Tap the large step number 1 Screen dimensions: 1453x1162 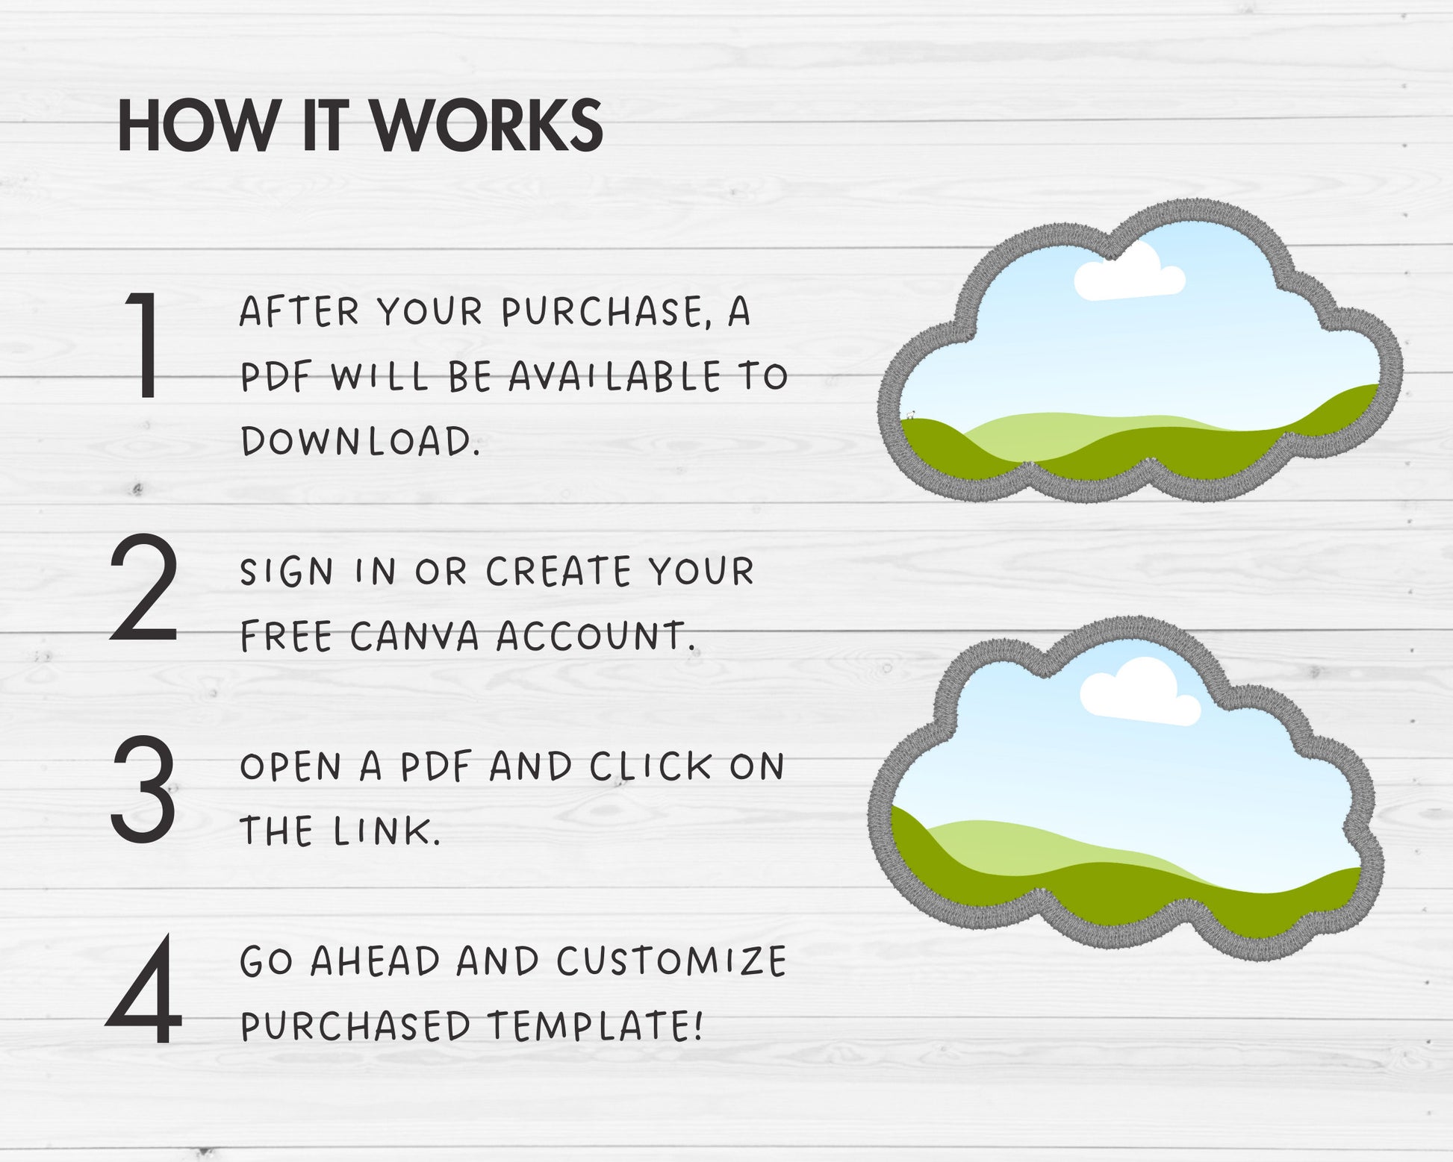point(144,345)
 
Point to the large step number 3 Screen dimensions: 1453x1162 point(143,789)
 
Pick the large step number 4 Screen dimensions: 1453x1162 point(143,989)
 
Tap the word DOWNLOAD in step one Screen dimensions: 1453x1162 point(360,441)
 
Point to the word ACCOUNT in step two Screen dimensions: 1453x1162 point(596,637)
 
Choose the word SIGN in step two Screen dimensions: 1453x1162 point(287,572)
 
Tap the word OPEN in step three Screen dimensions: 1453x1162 point(291,767)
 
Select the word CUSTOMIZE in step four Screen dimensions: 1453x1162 point(671,962)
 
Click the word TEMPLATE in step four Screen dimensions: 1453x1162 point(595,1026)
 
